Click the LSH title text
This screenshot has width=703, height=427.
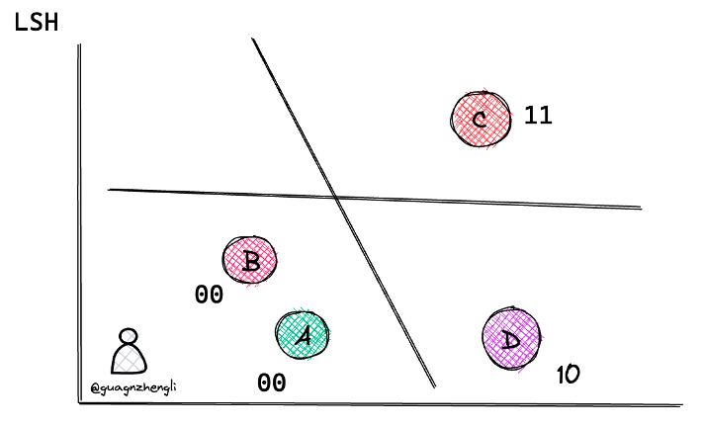tap(37, 23)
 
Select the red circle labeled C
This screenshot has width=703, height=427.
tap(481, 120)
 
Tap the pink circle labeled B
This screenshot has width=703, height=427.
tap(250, 260)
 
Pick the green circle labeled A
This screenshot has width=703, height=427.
tap(303, 334)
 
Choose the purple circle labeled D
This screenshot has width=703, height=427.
tap(511, 338)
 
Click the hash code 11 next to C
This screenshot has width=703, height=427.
tap(538, 115)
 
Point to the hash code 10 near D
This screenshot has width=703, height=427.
tap(569, 375)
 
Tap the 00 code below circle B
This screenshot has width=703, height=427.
tap(209, 295)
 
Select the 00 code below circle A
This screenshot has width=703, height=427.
tap(272, 384)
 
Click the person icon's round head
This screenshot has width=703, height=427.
tap(129, 336)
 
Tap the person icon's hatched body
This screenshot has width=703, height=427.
tap(130, 359)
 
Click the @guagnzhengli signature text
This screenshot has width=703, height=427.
tap(133, 387)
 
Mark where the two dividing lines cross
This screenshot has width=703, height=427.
tap(336, 197)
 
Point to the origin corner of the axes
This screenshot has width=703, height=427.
tap(80, 403)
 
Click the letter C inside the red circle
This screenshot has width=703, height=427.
tap(480, 120)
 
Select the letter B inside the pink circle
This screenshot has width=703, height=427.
tap(250, 261)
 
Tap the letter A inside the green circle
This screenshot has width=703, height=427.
tap(304, 336)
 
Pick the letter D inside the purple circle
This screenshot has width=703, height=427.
tap(510, 340)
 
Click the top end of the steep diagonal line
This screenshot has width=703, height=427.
tap(252, 39)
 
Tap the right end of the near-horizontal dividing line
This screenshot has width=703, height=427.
tap(642, 208)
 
